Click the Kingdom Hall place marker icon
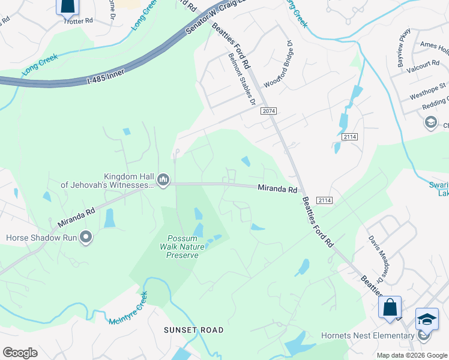(163, 179)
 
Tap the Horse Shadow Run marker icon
(86, 238)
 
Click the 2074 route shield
(268, 112)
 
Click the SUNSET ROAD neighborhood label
(194, 330)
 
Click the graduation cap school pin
(427, 319)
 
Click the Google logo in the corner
(20, 353)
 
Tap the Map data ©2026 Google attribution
(412, 355)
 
